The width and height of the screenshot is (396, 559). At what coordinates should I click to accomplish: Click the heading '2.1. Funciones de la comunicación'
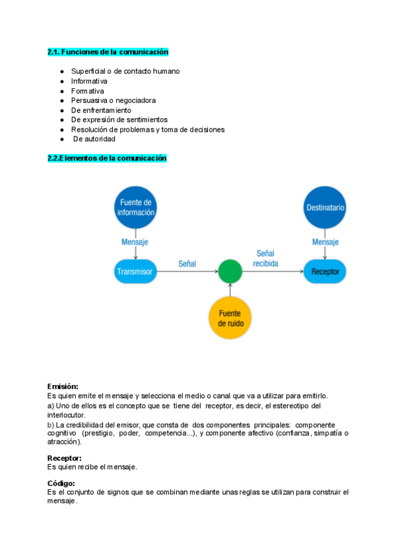tap(108, 51)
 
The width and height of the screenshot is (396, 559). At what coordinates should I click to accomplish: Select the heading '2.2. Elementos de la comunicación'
tap(107, 158)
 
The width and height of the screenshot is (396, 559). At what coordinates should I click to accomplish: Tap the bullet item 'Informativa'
tap(89, 81)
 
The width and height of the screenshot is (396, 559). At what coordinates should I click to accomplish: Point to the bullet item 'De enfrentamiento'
tap(101, 110)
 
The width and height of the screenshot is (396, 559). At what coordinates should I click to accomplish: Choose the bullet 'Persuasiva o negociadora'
tap(114, 100)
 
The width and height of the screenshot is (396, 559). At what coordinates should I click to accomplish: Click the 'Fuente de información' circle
tap(135, 208)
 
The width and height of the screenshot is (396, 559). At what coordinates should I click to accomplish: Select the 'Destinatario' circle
tap(325, 208)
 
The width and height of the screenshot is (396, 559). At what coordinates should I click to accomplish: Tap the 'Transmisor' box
tap(135, 271)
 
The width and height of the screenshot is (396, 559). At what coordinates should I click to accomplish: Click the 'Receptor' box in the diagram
tap(325, 271)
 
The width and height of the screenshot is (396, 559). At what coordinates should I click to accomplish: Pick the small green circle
tap(230, 271)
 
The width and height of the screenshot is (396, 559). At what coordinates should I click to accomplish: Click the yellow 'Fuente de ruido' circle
tap(230, 318)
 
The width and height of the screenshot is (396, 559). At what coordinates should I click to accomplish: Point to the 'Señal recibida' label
tap(266, 258)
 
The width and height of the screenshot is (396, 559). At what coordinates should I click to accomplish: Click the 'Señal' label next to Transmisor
tap(187, 264)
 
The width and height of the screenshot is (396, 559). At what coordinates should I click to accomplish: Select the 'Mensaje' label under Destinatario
tap(325, 242)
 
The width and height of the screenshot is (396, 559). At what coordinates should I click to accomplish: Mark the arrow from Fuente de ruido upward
tap(230, 290)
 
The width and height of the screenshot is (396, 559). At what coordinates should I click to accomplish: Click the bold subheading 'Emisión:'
tap(63, 386)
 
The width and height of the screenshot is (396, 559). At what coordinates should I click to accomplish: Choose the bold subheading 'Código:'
tap(61, 483)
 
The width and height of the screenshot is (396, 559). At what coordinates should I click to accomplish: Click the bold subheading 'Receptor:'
tap(64, 457)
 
